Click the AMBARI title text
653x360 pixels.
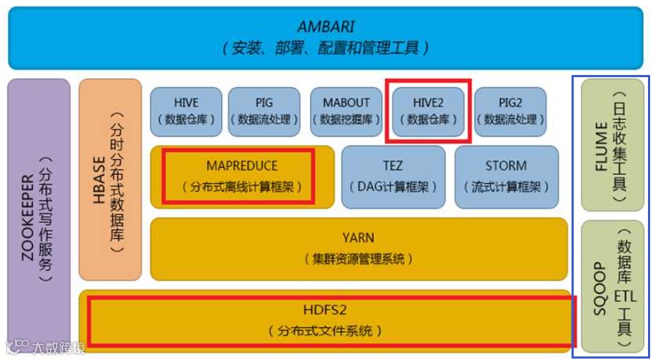(327, 27)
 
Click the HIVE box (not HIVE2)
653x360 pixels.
(186, 111)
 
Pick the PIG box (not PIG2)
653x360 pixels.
(264, 111)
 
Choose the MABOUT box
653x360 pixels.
(347, 111)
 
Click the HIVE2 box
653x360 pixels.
(429, 111)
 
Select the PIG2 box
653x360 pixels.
(510, 111)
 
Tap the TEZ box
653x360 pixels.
(392, 176)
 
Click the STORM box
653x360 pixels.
(506, 176)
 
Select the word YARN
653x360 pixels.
(358, 238)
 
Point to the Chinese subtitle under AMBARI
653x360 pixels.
(326, 49)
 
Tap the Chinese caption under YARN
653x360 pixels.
(358, 259)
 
